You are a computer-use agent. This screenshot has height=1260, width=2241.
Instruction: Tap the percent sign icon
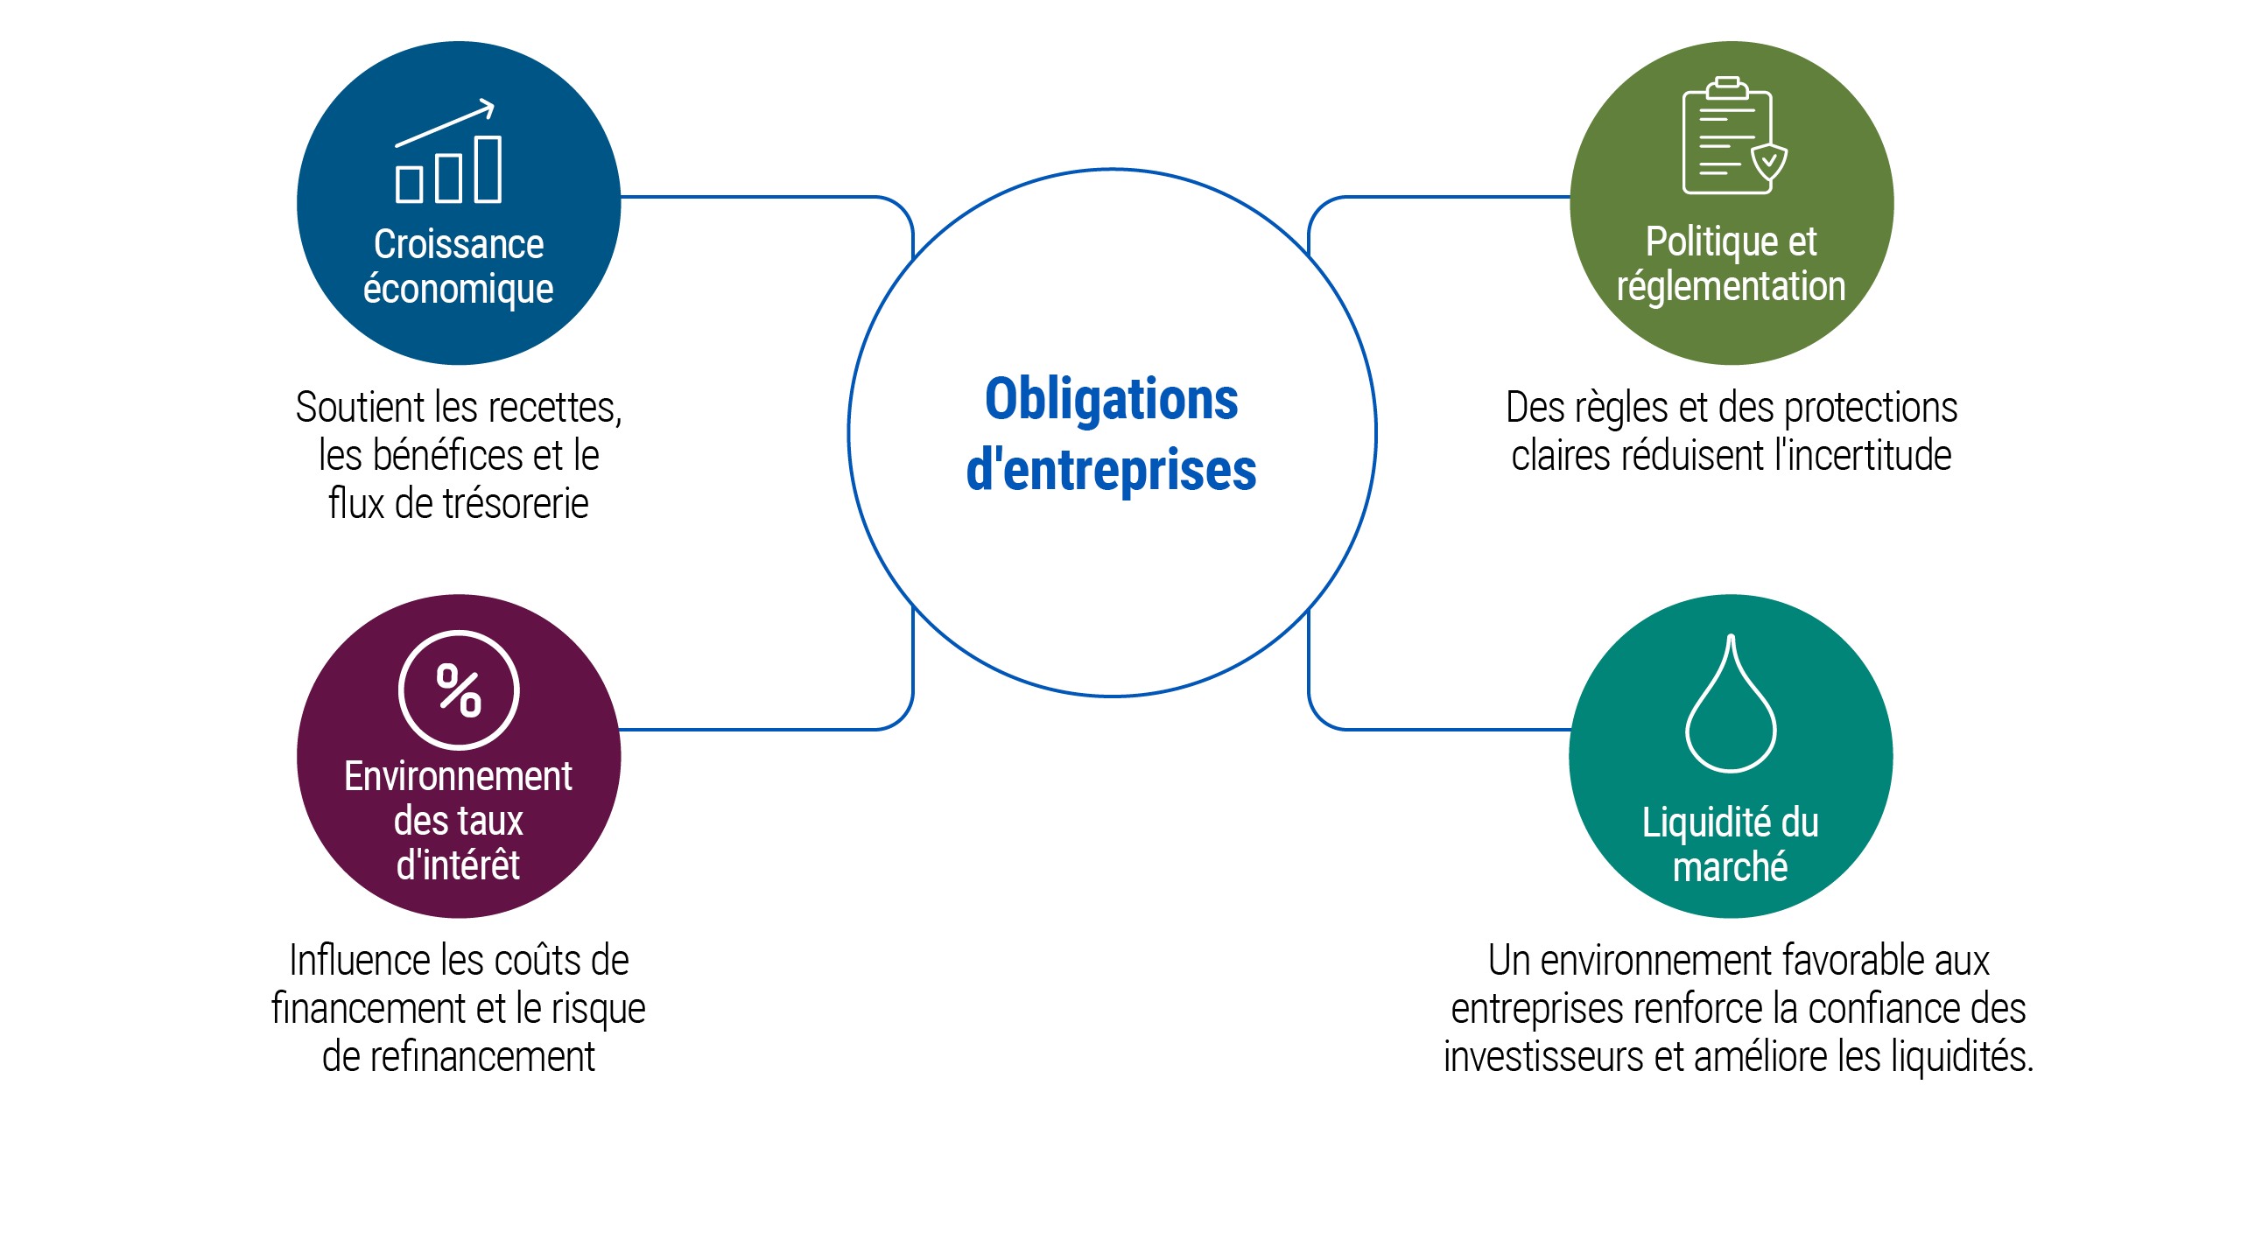coord(459,689)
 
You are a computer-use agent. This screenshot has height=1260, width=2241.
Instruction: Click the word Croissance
coord(459,244)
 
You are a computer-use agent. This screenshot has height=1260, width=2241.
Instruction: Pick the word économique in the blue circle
coord(459,289)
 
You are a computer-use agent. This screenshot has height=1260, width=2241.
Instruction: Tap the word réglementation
coord(1731,287)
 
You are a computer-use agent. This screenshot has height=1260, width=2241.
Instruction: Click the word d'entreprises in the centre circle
coord(1112,470)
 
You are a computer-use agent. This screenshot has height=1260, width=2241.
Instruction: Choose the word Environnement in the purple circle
coord(459,776)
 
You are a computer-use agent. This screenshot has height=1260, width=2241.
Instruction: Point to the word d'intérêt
coord(459,864)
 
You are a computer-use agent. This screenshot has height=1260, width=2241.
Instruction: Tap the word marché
coord(1731,867)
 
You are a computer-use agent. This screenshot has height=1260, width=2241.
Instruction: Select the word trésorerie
coord(516,504)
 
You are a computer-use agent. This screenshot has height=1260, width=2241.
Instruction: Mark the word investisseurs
coord(1544,1057)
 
